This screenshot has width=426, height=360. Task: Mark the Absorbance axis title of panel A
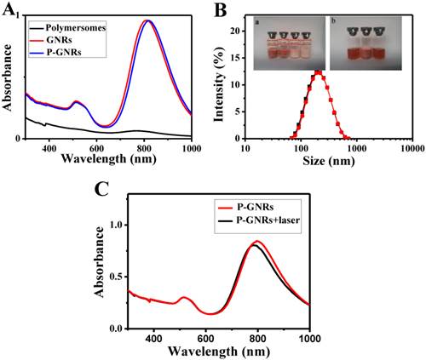9,82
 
